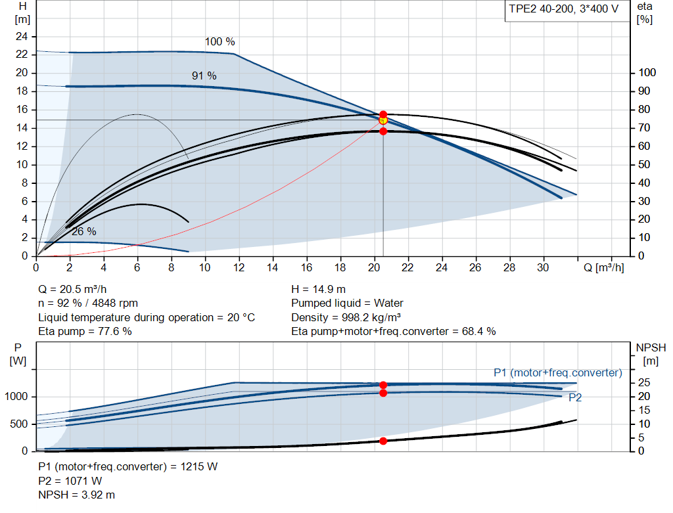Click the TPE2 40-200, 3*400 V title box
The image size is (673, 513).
[x=564, y=11]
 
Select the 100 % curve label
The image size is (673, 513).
[x=220, y=42]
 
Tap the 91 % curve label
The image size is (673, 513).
[x=204, y=76]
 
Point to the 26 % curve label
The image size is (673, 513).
[x=84, y=231]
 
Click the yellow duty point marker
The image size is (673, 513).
[x=383, y=120]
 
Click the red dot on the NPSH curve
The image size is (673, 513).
[x=383, y=441]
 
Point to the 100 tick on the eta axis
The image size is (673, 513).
[x=647, y=73]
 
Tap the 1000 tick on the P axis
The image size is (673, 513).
[x=17, y=397]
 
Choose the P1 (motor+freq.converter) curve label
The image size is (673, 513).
[x=557, y=372]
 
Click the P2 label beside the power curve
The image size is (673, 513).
[x=575, y=397]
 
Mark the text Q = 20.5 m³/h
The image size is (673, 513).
[x=73, y=289]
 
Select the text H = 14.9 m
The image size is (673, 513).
[x=318, y=289]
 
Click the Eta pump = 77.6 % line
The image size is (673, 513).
[x=85, y=331]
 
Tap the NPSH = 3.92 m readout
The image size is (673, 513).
[x=77, y=495]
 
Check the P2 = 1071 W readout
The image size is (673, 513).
[x=70, y=481]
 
